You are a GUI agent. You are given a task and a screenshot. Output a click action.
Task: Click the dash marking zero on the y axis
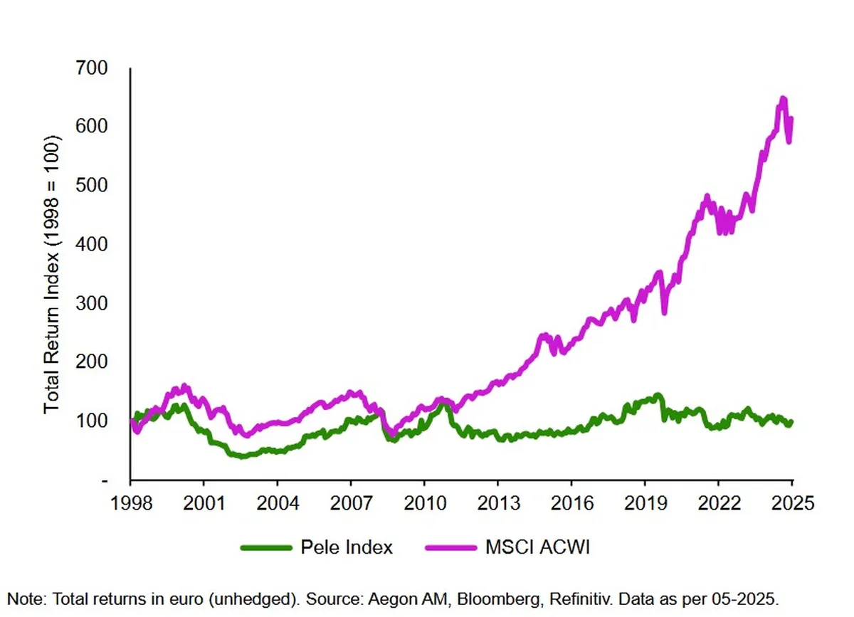105,481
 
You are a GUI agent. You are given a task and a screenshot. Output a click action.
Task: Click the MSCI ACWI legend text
537,547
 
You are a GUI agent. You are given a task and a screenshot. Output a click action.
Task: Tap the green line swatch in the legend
266,547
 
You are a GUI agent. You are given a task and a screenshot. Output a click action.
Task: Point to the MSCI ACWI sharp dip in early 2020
664,311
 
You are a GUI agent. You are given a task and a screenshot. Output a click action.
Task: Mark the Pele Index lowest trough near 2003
243,455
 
